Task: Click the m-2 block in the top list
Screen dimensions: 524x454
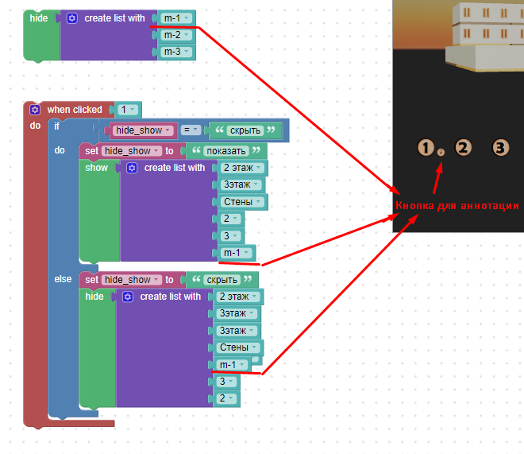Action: tap(176, 35)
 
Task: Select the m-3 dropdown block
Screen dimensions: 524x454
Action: tap(176, 52)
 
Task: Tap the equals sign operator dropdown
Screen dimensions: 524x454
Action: tap(191, 130)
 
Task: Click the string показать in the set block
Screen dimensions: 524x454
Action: tap(226, 151)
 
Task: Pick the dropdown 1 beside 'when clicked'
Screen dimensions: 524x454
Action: tap(128, 110)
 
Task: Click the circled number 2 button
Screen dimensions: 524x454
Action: tap(463, 148)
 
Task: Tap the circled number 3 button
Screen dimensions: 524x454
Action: tap(501, 148)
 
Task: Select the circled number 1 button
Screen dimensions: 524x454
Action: tap(426, 148)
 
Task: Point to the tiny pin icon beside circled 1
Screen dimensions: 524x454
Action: tap(441, 153)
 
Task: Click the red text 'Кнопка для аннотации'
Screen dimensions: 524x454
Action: tap(457, 205)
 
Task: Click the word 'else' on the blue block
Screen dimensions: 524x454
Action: tap(63, 279)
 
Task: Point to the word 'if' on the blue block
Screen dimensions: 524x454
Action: tap(57, 126)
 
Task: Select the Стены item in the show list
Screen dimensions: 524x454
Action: tap(242, 202)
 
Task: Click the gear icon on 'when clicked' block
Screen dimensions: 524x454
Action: tap(35, 110)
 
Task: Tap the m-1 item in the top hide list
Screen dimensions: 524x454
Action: tap(176, 18)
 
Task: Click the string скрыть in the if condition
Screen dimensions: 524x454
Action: tap(245, 130)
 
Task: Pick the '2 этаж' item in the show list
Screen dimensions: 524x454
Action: tap(242, 168)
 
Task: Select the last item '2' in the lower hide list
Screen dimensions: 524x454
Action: tap(226, 398)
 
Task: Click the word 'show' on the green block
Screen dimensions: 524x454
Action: tap(96, 168)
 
